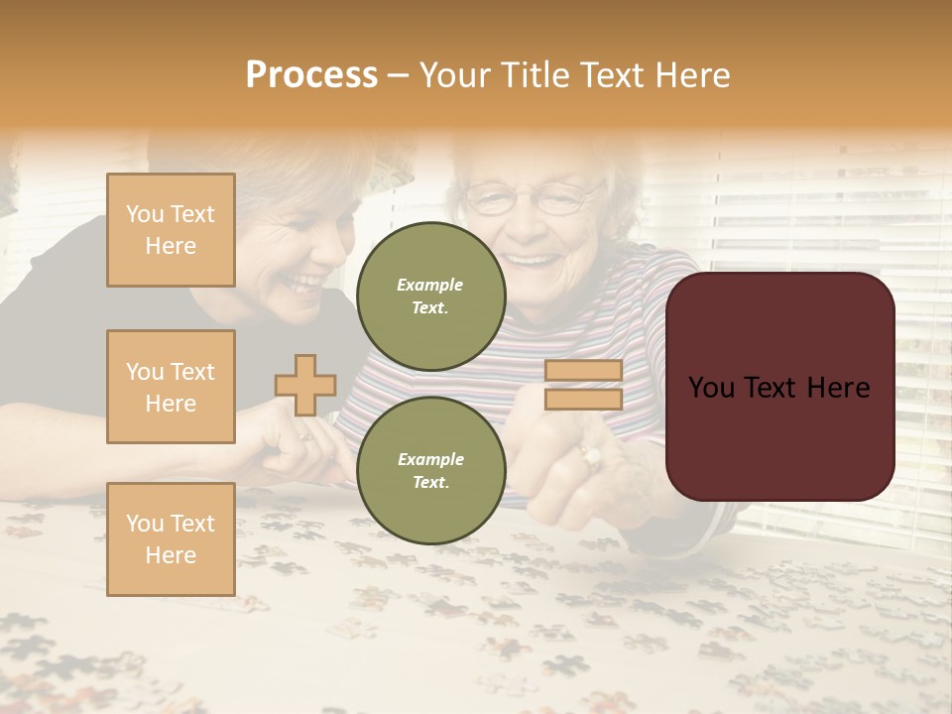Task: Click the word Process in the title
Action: tap(311, 74)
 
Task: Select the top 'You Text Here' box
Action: tap(171, 230)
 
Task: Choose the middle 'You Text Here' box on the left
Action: tap(171, 387)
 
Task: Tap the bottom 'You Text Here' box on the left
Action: tap(171, 539)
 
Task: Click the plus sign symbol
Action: tap(305, 385)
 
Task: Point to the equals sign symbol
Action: tap(583, 385)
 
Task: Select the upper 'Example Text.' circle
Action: tap(430, 297)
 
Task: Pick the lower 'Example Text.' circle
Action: tap(430, 471)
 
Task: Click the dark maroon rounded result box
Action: tap(779, 387)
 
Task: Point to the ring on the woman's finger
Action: tap(592, 456)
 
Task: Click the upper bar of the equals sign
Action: tap(583, 371)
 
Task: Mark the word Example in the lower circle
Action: tap(430, 459)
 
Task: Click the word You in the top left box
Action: tap(144, 214)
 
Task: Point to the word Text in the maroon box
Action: tap(776, 388)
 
